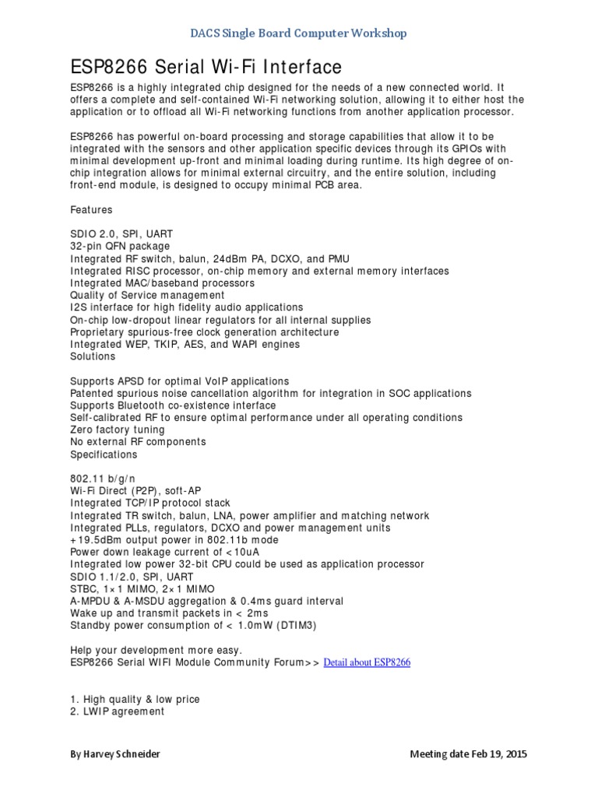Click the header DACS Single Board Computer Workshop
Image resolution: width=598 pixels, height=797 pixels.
tap(298, 33)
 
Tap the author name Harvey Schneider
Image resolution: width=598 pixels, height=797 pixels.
tap(118, 755)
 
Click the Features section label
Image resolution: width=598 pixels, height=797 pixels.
tap(91, 210)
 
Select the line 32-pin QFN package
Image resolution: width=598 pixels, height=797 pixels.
tap(120, 247)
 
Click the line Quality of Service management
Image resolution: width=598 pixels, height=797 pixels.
tap(147, 295)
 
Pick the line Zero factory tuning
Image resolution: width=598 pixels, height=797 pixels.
tap(118, 430)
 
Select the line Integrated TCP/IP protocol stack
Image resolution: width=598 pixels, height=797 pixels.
tap(150, 503)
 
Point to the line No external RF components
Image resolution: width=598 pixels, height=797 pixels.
tap(138, 442)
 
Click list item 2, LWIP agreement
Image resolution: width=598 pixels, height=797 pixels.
tap(118, 711)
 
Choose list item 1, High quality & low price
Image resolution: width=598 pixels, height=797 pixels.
tap(135, 699)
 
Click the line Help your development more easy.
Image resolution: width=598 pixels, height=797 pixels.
tap(157, 650)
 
